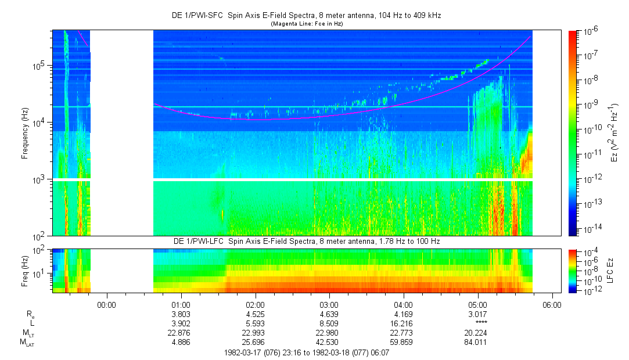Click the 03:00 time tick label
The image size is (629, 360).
pos(329,305)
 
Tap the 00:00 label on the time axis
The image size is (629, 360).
pos(106,305)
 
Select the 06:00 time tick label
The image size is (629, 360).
pos(552,305)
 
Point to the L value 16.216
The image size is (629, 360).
pos(403,323)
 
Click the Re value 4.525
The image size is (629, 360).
pos(255,314)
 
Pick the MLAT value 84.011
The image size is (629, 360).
pos(477,342)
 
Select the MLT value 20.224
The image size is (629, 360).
pos(477,333)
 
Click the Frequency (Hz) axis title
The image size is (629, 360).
pos(25,134)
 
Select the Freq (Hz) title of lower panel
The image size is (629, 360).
pos(25,271)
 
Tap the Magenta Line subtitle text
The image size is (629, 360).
pos(307,24)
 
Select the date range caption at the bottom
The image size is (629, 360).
pos(307,353)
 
